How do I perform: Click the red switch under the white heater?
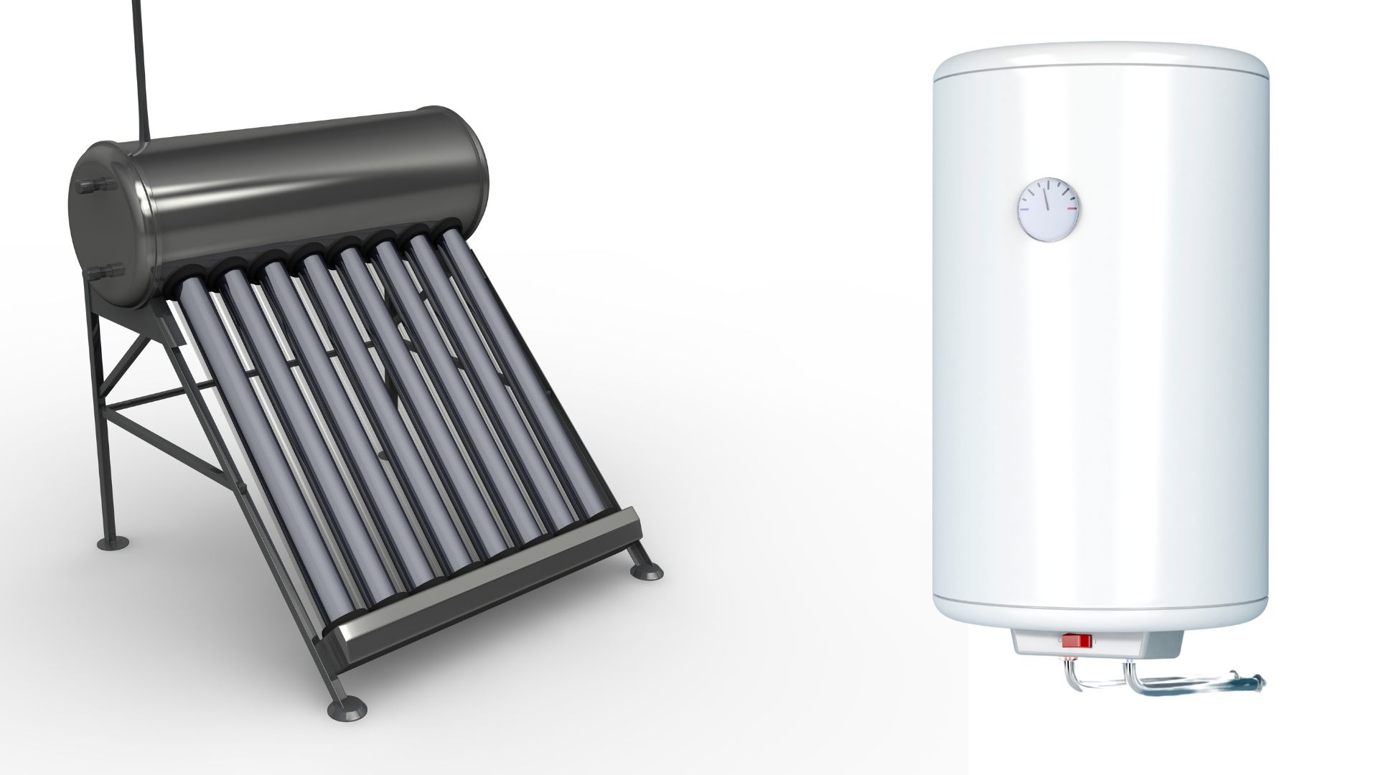pos(1077,640)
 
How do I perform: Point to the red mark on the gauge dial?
pos(1072,210)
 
